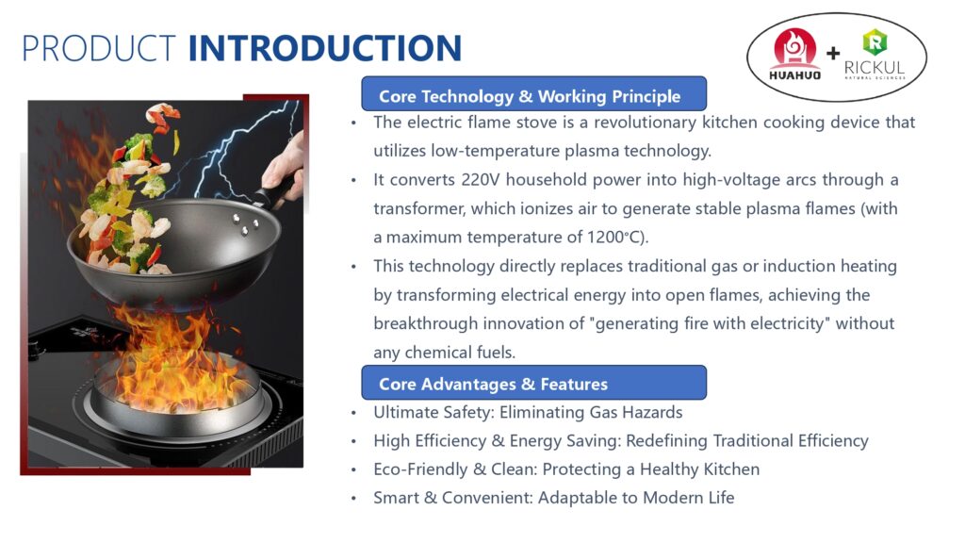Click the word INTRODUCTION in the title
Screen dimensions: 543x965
tap(324, 48)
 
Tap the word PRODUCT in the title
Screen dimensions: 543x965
tap(98, 48)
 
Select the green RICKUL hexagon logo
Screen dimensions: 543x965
tap(875, 41)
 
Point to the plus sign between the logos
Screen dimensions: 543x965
tap(833, 54)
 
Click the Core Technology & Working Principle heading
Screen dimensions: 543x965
tap(529, 96)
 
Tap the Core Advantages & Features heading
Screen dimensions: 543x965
tap(493, 384)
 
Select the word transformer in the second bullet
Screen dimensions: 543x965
tap(417, 208)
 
